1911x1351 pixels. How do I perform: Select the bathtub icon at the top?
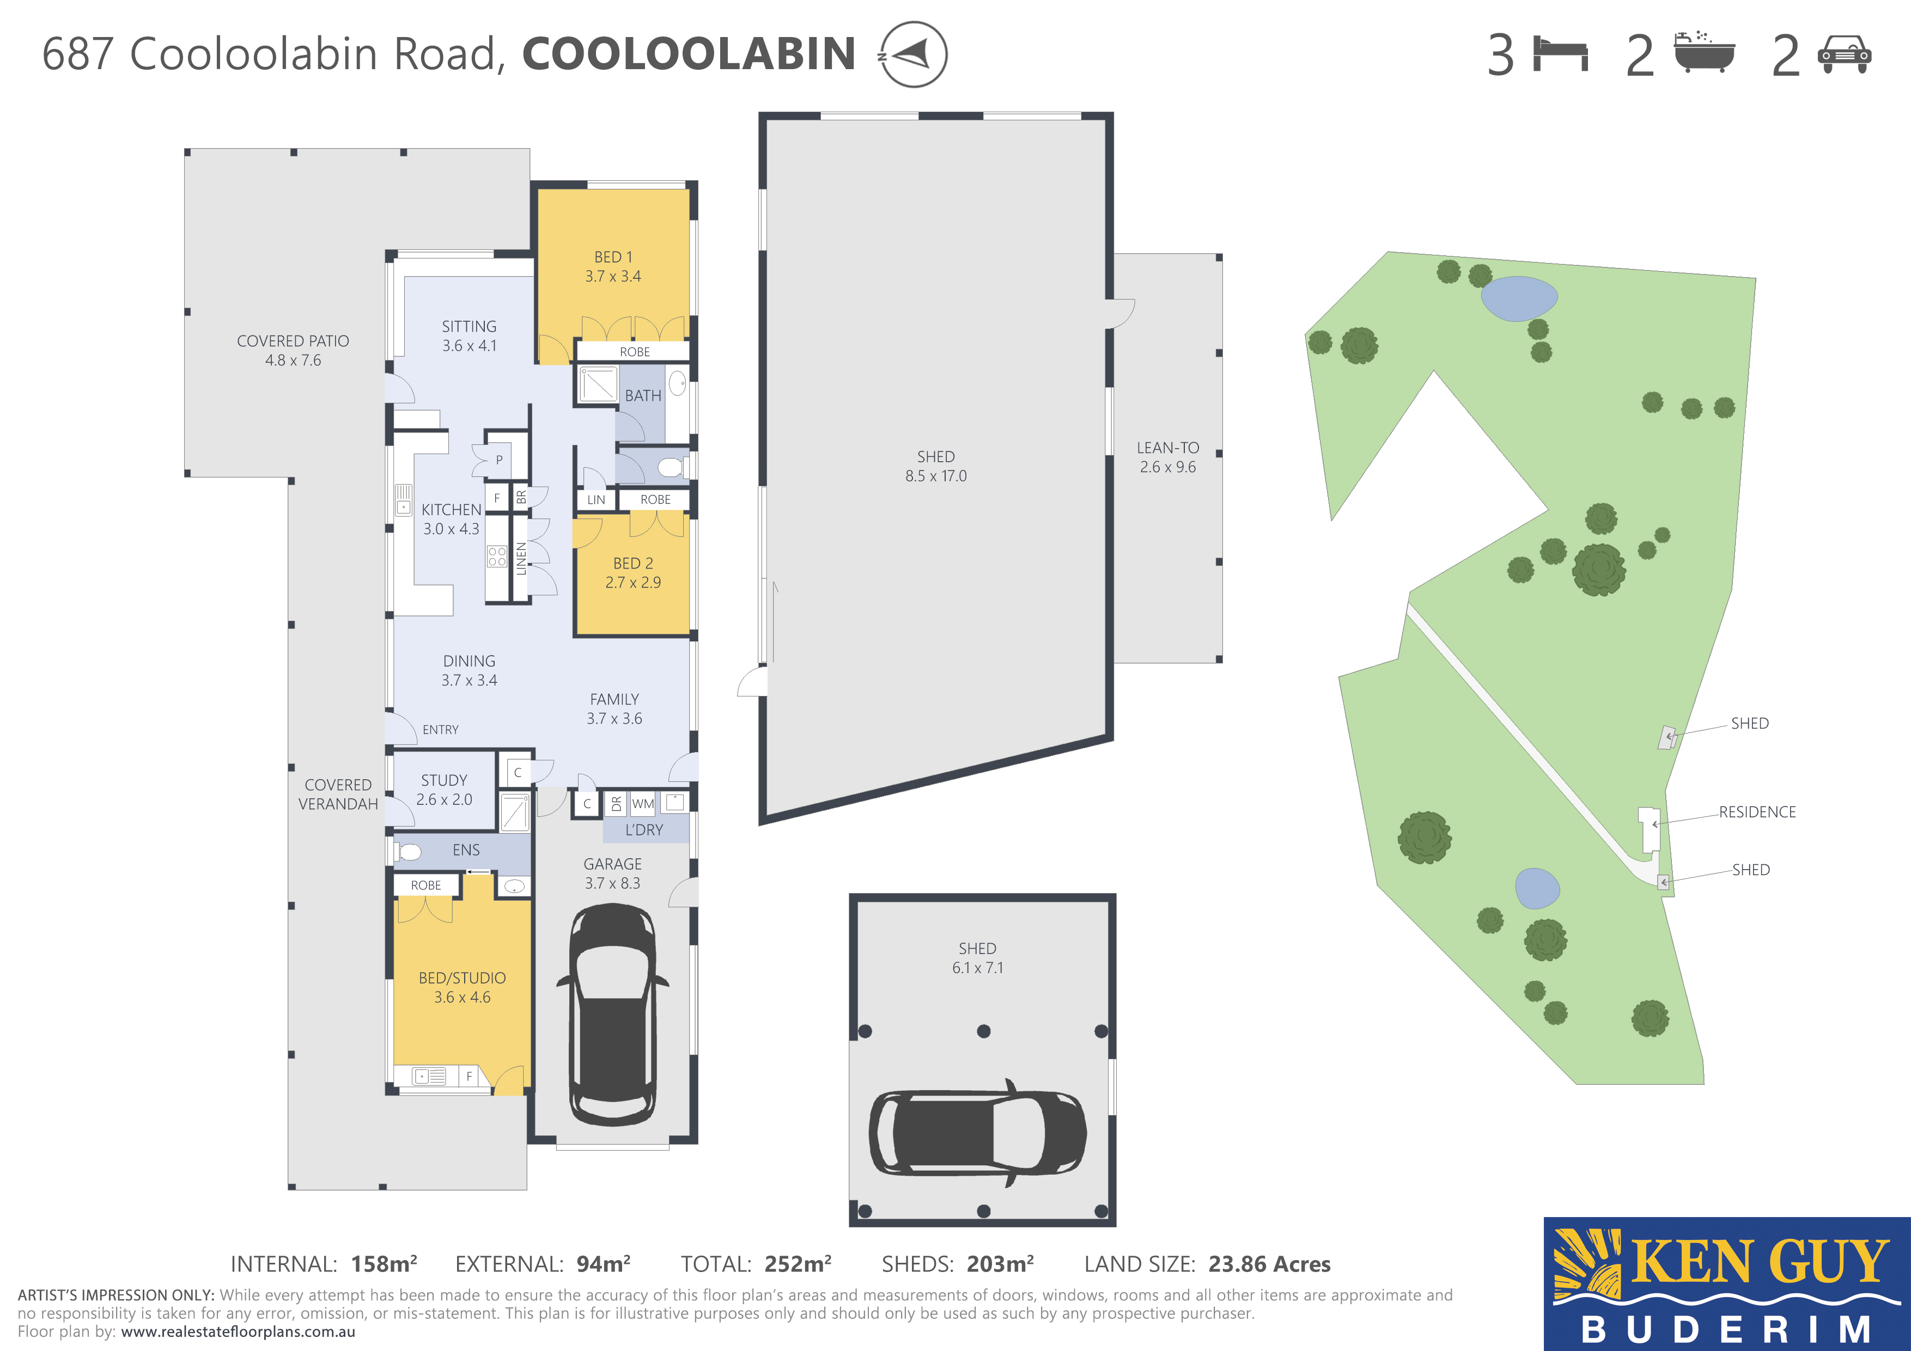point(1704,52)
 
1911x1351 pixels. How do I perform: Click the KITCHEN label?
point(451,509)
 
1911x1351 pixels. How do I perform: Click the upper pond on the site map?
point(1519,298)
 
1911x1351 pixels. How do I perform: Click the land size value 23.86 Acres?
point(1269,1264)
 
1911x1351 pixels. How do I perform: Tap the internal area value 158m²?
point(384,1264)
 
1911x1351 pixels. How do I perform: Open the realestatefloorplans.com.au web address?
point(238,1332)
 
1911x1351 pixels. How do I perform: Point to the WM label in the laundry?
point(643,804)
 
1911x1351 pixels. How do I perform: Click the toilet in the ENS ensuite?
point(408,852)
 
